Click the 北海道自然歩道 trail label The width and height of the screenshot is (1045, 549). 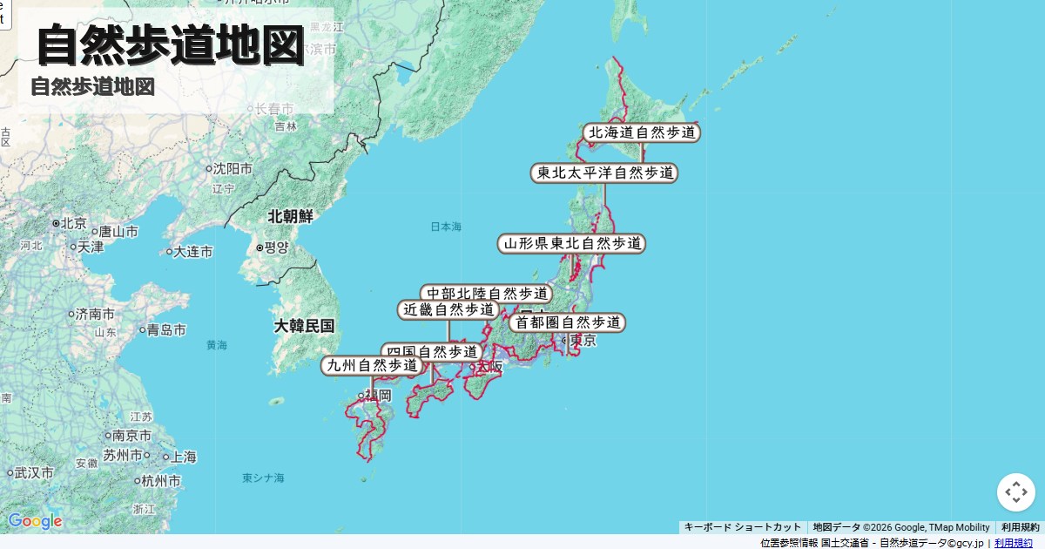pyautogui.click(x=642, y=132)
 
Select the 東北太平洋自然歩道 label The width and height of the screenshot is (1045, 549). pyautogui.click(x=604, y=173)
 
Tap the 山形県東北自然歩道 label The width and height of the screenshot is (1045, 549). pyautogui.click(x=571, y=243)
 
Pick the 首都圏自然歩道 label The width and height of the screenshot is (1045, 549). pyautogui.click(x=567, y=322)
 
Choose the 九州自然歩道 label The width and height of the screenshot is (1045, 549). pyautogui.click(x=372, y=366)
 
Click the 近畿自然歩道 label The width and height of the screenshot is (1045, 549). pyautogui.click(x=448, y=309)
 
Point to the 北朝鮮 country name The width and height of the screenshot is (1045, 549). pyautogui.click(x=290, y=216)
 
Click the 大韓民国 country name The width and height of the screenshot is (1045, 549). pyautogui.click(x=304, y=326)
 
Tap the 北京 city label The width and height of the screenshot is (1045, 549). pyautogui.click(x=74, y=224)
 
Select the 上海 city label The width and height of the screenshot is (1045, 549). pyautogui.click(x=183, y=457)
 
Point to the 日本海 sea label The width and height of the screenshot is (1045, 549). pyautogui.click(x=446, y=227)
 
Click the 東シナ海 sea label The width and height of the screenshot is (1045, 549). pyautogui.click(x=263, y=478)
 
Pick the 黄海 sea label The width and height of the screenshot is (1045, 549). pyautogui.click(x=217, y=345)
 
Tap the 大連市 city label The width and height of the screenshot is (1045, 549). pyautogui.click(x=192, y=252)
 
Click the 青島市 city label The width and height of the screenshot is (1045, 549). pyautogui.click(x=165, y=330)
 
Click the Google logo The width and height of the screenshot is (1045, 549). pyautogui.click(x=35, y=521)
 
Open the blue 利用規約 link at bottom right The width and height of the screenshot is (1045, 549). pyautogui.click(x=1014, y=543)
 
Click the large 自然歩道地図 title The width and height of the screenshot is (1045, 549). pyautogui.click(x=171, y=45)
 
